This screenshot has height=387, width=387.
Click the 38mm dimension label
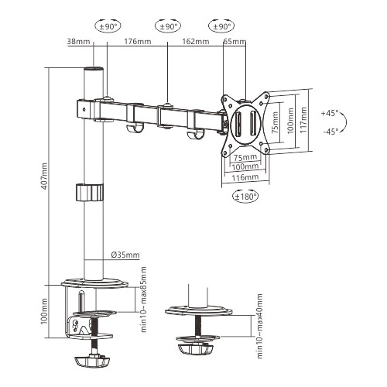tap(78, 43)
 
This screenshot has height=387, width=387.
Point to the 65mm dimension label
tap(232, 43)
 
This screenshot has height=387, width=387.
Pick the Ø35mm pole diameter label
tap(125, 254)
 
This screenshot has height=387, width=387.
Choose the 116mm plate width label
tap(246, 177)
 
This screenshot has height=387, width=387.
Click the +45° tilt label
tap(329, 113)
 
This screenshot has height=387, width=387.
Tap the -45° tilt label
tap(329, 131)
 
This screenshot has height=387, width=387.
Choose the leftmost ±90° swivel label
tap(107, 26)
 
